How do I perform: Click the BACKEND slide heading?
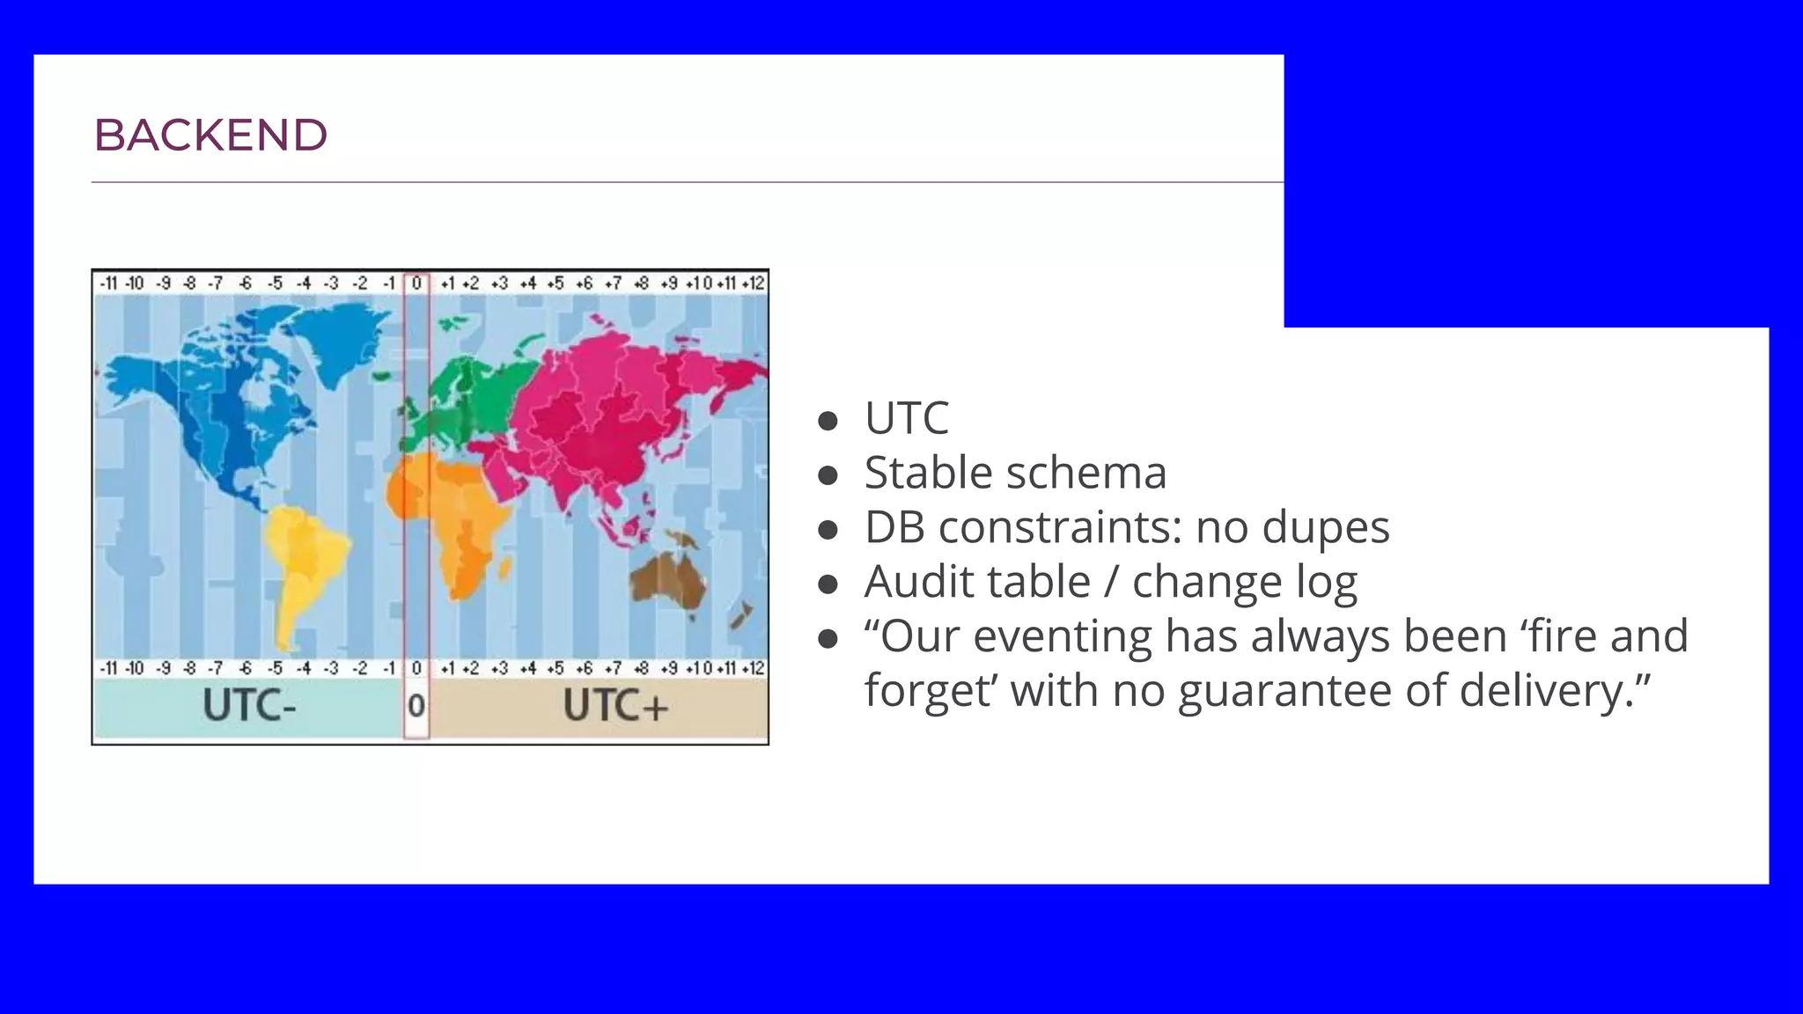point(210,136)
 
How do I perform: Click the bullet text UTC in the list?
point(906,418)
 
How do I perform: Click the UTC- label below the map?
point(249,706)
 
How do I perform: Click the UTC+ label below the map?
point(615,706)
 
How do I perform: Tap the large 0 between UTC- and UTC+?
point(416,706)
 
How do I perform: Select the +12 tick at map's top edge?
point(754,283)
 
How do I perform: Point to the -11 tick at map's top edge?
point(107,283)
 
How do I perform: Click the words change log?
point(1244,582)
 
